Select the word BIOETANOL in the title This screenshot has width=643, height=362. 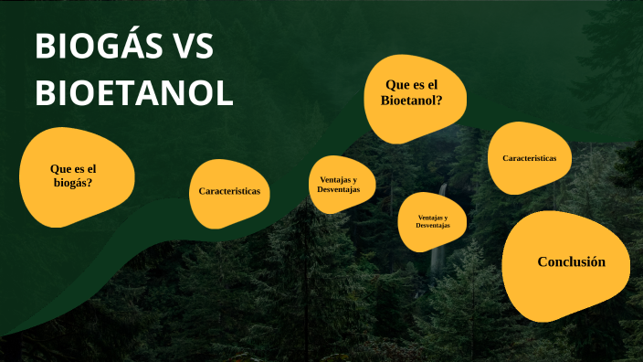point(134,93)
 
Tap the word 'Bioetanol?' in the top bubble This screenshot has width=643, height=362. point(412,101)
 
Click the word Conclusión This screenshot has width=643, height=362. point(571,261)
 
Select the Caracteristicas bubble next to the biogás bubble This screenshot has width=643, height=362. point(229,193)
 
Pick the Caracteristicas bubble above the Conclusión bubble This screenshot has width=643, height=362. point(530,157)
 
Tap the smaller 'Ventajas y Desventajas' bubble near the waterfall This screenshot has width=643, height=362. point(432,222)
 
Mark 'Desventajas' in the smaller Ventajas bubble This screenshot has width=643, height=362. point(432,226)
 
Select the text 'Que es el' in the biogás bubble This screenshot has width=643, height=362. point(73,168)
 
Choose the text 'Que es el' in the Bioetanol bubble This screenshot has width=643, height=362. point(412,85)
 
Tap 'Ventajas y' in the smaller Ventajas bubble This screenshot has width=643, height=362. point(432,217)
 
